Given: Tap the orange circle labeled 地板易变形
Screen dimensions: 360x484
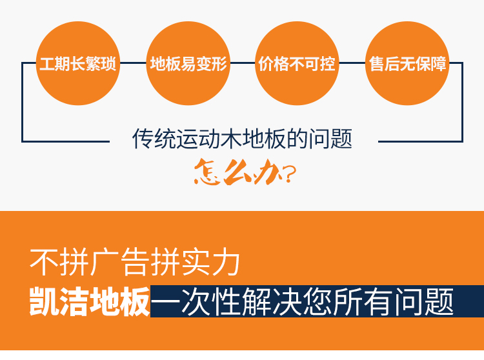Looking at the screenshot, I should pyautogui.click(x=188, y=65).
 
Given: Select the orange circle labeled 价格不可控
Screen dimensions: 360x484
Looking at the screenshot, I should pyautogui.click(x=297, y=65).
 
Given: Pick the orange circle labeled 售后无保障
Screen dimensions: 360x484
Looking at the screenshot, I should pyautogui.click(x=407, y=65).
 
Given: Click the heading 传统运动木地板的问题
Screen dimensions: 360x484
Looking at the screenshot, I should pyautogui.click(x=242, y=139).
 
